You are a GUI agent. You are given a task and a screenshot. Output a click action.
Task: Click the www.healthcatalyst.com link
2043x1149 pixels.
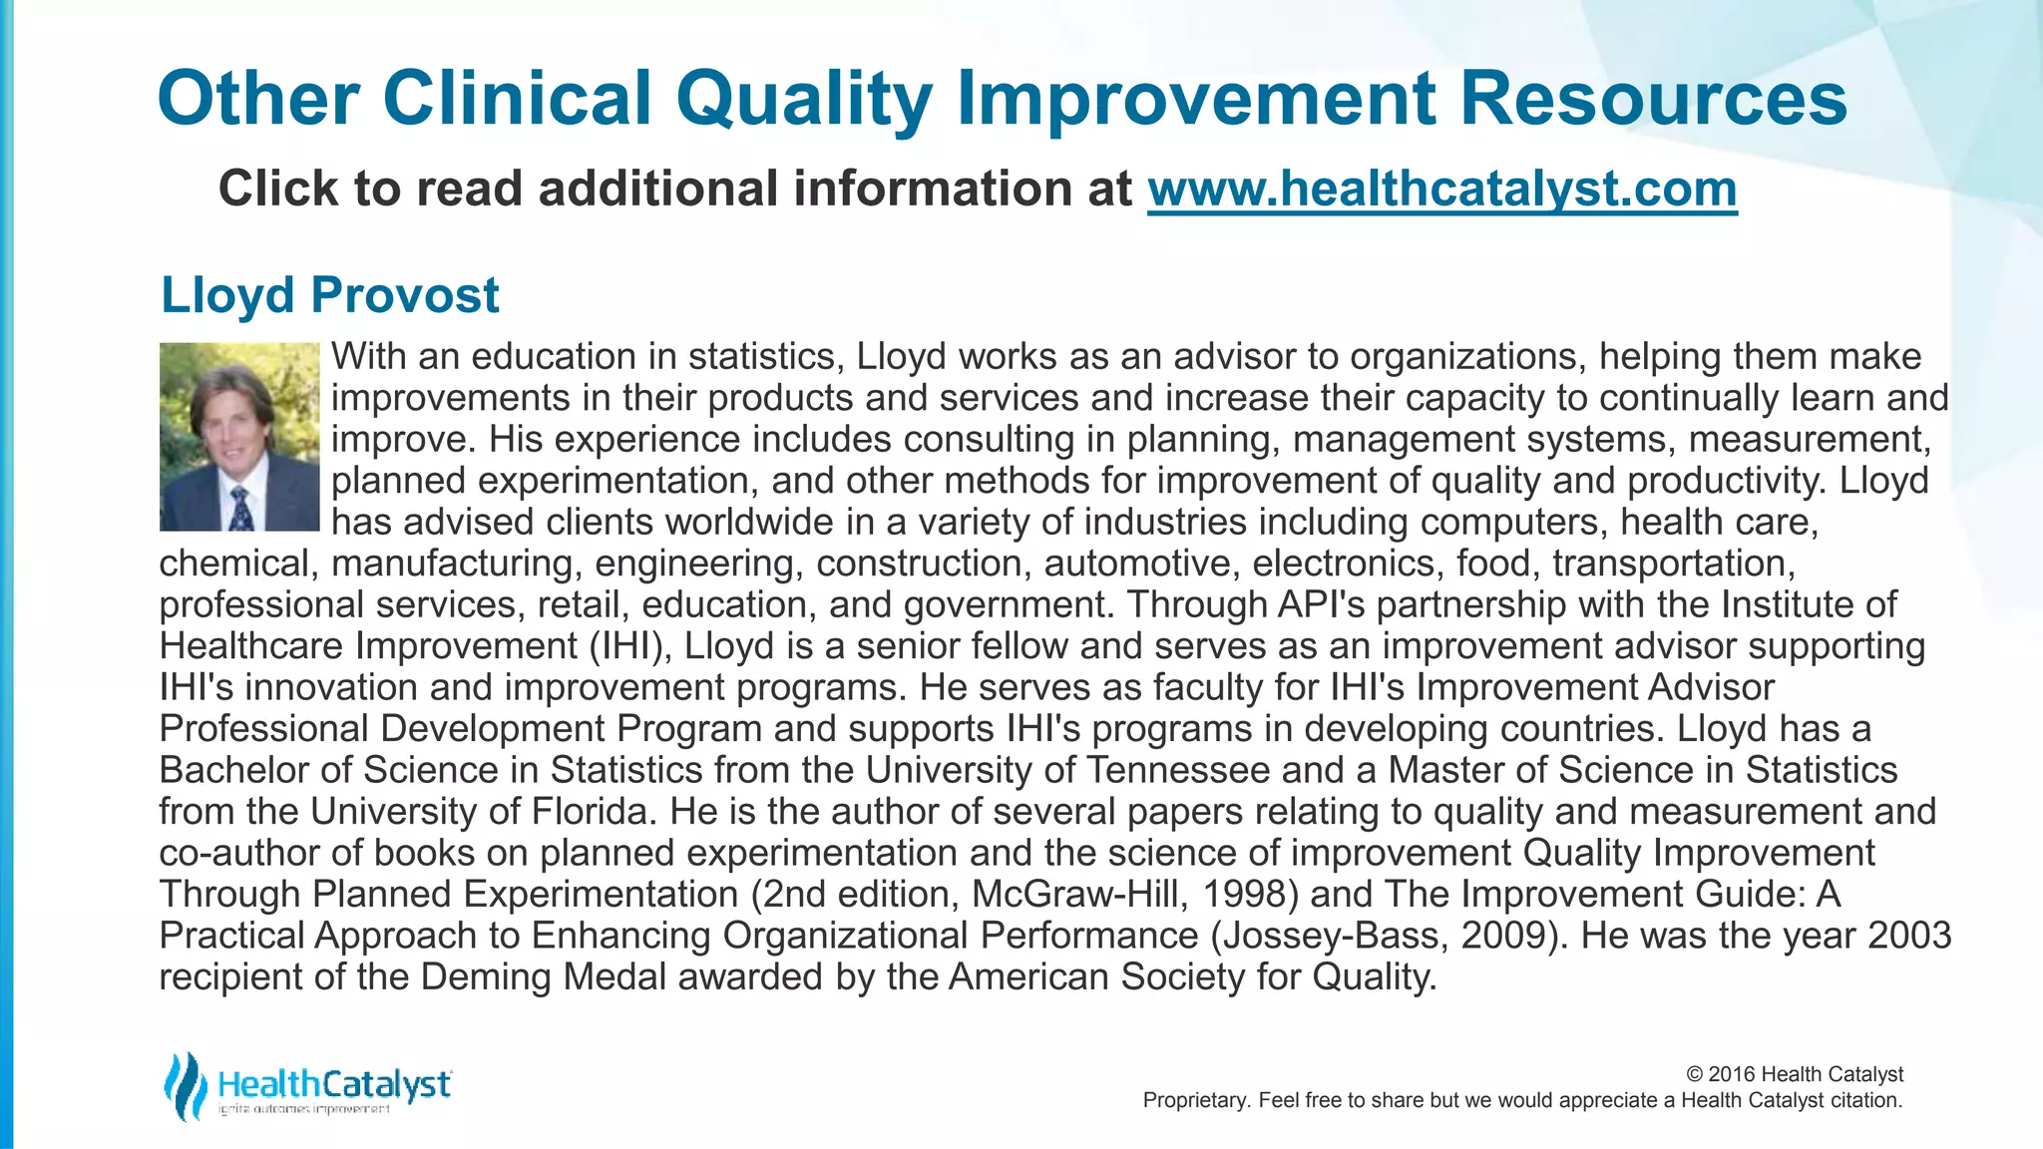1441,189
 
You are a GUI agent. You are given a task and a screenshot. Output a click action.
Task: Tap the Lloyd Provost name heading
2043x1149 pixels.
329,295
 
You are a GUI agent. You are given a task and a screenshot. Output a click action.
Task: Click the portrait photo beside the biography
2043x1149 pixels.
239,437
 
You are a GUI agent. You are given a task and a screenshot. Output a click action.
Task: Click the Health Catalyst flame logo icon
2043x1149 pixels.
184,1086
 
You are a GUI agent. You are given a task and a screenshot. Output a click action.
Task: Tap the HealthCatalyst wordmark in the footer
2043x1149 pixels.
334,1084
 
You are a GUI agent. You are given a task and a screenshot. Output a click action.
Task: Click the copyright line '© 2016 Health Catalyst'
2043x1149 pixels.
1794,1074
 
